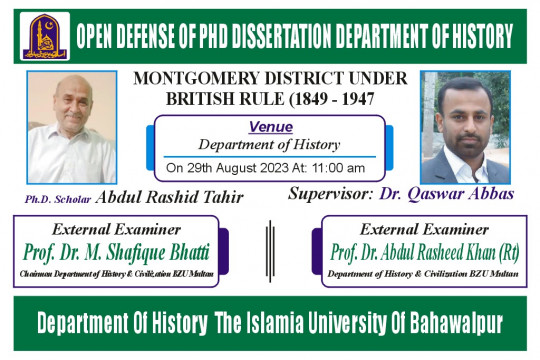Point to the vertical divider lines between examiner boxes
click(269, 247)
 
